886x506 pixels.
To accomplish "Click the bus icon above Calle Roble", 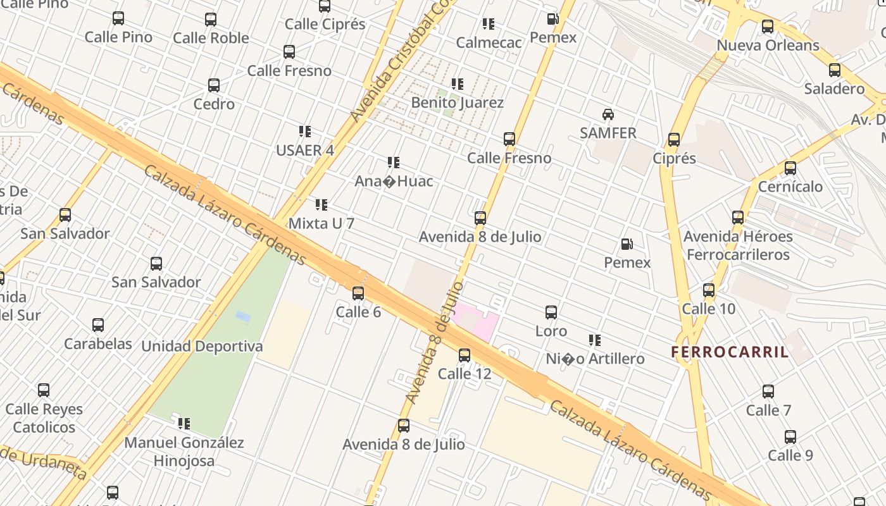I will click(211, 20).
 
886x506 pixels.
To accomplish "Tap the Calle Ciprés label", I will click(325, 25).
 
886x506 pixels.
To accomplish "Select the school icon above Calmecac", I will click(489, 24).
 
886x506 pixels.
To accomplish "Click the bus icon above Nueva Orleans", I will click(768, 27).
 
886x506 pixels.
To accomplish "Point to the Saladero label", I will click(834, 89).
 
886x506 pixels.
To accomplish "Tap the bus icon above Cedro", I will click(214, 85).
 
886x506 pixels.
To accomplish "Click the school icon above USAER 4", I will click(305, 132).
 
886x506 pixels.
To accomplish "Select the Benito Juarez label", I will click(458, 102).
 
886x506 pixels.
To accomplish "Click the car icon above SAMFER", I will click(608, 114).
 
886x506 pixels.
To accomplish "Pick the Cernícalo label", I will click(790, 187).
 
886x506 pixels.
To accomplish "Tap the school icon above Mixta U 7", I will click(321, 205).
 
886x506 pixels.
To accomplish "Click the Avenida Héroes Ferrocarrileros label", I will click(738, 245).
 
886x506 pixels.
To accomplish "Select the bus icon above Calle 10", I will click(709, 290).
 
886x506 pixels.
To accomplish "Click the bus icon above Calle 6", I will click(358, 293).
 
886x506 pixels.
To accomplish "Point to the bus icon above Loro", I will click(551, 312).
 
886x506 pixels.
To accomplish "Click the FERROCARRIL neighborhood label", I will click(730, 352).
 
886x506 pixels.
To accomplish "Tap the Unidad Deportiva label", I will click(202, 347).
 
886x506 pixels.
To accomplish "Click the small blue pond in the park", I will click(243, 316).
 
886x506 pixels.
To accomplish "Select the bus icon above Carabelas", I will click(98, 325).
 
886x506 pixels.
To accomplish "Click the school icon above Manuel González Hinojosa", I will click(184, 424).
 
